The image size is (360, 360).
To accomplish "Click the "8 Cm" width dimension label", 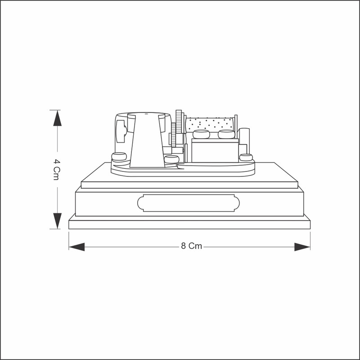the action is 192,246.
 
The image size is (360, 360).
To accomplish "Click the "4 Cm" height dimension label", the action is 57,170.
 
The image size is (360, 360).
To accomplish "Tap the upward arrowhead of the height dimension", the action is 58,118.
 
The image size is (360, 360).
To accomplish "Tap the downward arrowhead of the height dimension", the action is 58,221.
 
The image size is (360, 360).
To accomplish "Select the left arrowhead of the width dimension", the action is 76,247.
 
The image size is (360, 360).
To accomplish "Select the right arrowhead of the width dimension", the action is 302,247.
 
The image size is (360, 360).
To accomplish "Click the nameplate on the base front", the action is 189,203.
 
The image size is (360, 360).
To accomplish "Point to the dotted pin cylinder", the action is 209,124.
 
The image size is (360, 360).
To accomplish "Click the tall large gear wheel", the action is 179,121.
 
